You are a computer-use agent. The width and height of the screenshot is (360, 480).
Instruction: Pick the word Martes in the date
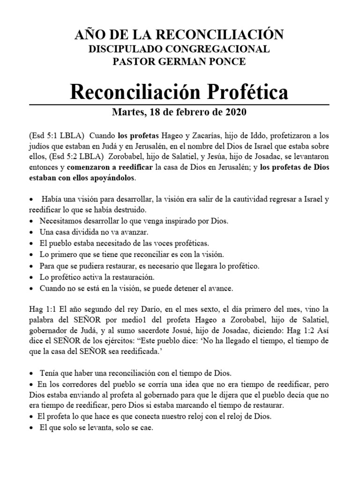click(x=127, y=112)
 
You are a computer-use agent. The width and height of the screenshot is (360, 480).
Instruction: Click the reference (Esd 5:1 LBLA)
click(x=55, y=135)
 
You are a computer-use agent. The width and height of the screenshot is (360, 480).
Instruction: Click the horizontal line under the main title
click(x=180, y=104)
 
